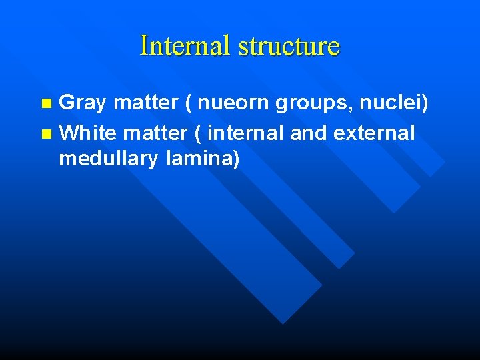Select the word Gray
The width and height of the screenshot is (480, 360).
[83, 103]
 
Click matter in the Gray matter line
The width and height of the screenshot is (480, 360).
[145, 103]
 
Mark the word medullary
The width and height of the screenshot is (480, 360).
[108, 159]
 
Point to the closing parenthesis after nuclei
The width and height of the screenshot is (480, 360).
[424, 104]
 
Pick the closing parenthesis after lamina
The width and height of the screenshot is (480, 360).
[235, 159]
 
